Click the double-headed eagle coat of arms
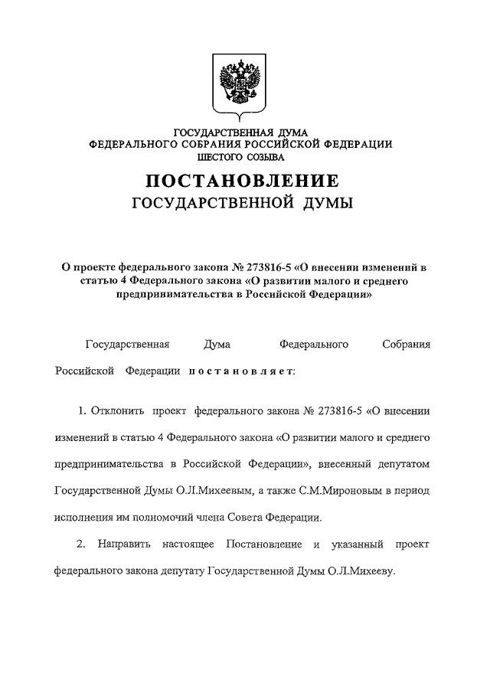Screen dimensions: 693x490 pyautogui.click(x=240, y=83)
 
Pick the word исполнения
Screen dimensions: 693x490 pyautogui.click(x=84, y=517)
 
